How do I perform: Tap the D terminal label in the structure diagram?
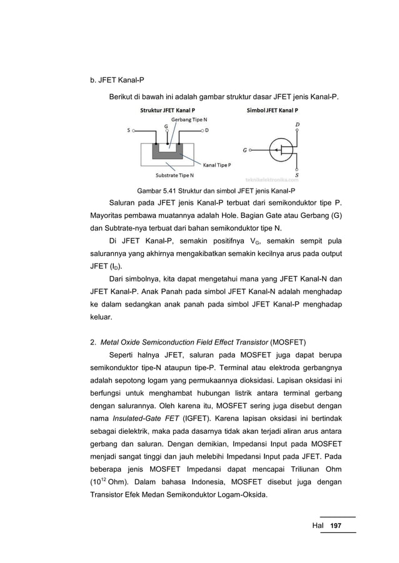(x=206, y=130)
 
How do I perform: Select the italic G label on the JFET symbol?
(x=245, y=150)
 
